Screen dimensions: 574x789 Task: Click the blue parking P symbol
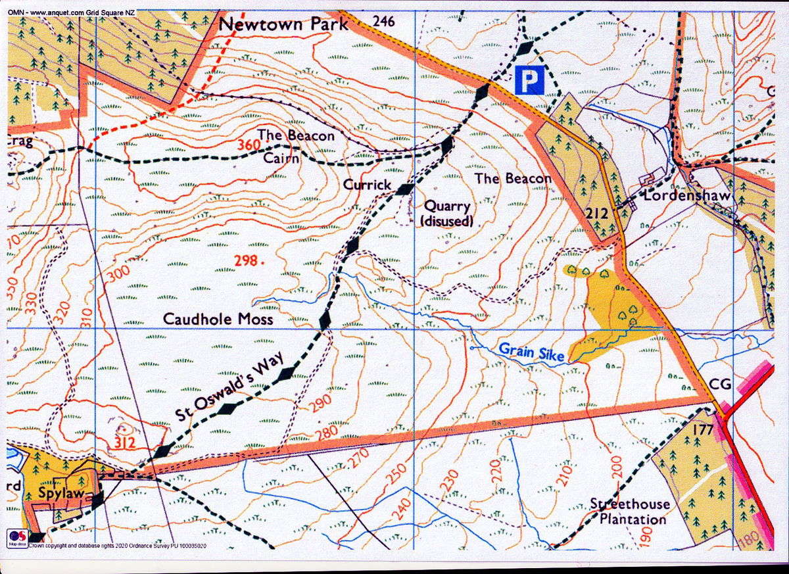coord(530,80)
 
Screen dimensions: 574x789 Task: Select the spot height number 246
coord(383,21)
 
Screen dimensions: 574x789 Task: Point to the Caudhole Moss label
coord(218,319)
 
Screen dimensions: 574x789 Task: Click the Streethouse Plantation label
coord(630,512)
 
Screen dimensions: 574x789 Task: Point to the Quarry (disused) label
coord(447,214)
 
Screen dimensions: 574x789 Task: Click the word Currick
coord(367,185)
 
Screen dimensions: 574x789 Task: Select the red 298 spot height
coord(246,261)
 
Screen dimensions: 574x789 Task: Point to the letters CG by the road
coord(721,385)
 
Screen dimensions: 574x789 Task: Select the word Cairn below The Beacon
coord(281,158)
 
